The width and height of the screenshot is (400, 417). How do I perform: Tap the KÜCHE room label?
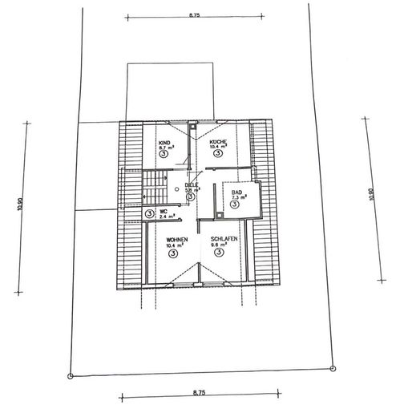point(217,142)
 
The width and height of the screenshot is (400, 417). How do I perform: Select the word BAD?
point(236,192)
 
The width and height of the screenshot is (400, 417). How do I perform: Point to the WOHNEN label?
point(177,240)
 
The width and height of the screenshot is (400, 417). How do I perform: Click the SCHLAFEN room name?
point(222,240)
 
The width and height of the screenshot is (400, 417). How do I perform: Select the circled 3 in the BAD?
point(235,205)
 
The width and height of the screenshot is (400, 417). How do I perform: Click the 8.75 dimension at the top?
point(195,14)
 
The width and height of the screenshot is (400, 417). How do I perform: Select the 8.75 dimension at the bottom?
point(199,392)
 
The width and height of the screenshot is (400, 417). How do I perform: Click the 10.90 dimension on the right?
point(370,196)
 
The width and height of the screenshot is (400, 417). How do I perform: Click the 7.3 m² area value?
point(239,198)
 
